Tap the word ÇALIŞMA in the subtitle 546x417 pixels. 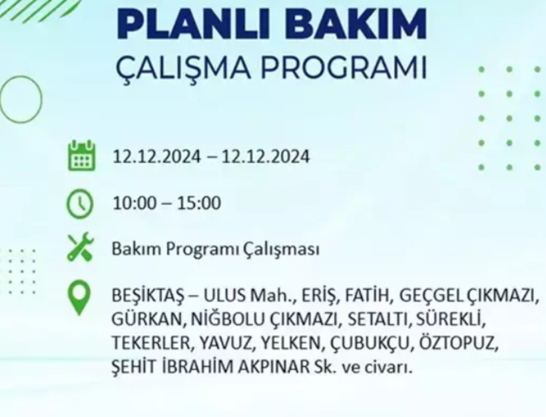click(188, 69)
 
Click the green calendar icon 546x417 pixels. click(81, 156)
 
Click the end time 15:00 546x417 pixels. click(198, 203)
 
